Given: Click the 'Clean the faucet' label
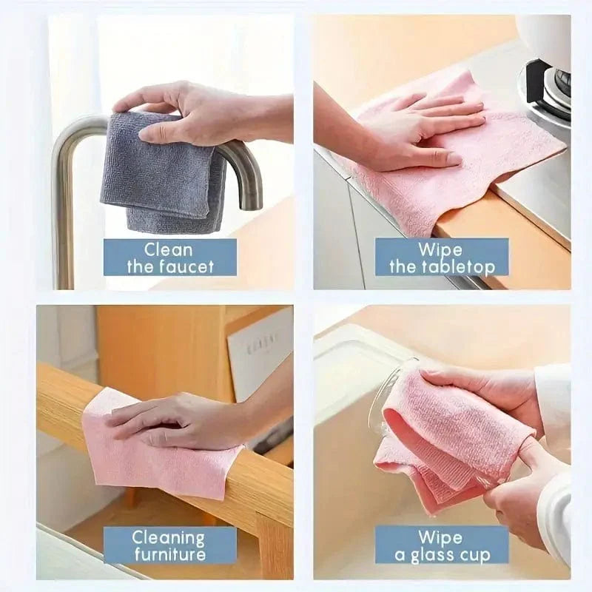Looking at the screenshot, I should click(x=169, y=258).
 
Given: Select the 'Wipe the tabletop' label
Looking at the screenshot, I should click(x=442, y=258).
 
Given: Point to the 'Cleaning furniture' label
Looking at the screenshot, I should click(x=169, y=545).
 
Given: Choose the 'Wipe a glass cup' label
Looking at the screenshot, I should click(x=442, y=545).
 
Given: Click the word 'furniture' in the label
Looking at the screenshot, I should click(x=169, y=555).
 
